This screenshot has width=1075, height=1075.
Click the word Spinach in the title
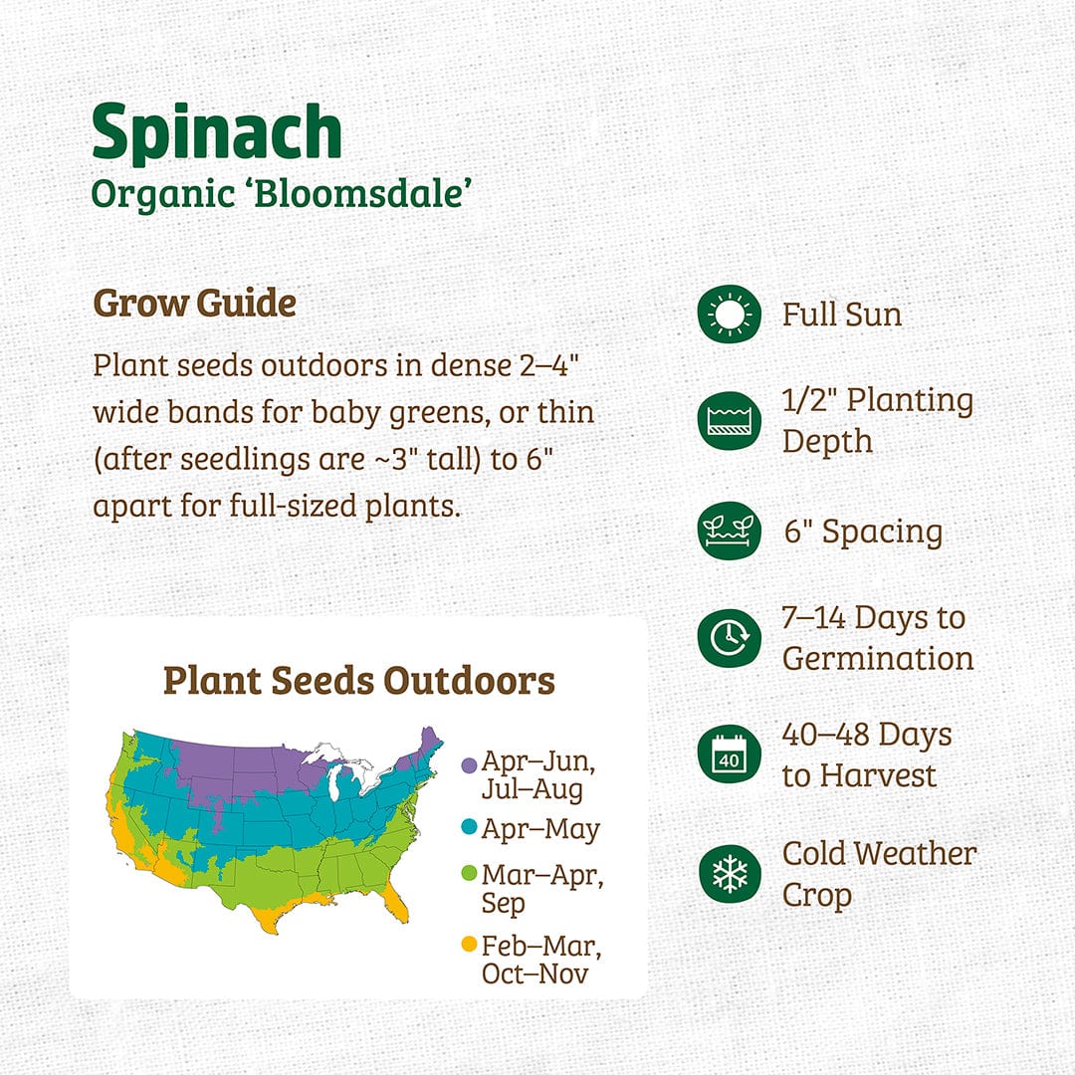pyautogui.click(x=217, y=132)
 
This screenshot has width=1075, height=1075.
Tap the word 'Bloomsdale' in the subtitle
pyautogui.click(x=362, y=193)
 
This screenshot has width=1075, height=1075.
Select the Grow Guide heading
pyautogui.click(x=195, y=303)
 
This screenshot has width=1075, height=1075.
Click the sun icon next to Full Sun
pyautogui.click(x=729, y=314)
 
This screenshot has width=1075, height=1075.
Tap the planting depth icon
pyautogui.click(x=729, y=420)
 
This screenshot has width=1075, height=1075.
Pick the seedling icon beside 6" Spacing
pyautogui.click(x=729, y=530)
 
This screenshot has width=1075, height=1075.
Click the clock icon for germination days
pyautogui.click(x=729, y=638)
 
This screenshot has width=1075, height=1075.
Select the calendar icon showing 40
pyautogui.click(x=729, y=753)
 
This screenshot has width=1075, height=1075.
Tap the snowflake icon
pyautogui.click(x=729, y=874)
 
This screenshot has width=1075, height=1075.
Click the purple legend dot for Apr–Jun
pyautogui.click(x=469, y=765)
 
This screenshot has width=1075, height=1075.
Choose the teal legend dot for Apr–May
pyautogui.click(x=469, y=827)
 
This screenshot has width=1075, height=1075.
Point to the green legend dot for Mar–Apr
pyautogui.click(x=469, y=874)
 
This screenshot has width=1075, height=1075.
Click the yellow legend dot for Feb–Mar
pyautogui.click(x=469, y=944)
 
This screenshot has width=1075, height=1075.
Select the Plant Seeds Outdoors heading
pyautogui.click(x=359, y=680)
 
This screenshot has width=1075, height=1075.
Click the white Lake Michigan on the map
pyautogui.click(x=333, y=781)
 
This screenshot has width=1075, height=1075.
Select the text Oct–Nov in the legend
pyautogui.click(x=535, y=973)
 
